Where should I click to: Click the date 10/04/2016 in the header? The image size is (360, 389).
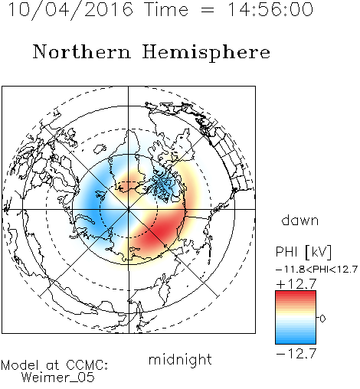tap(70, 10)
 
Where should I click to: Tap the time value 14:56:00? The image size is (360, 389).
tap(270, 9)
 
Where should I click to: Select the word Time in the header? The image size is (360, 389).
tap(166, 9)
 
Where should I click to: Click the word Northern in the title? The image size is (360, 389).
tap(82, 51)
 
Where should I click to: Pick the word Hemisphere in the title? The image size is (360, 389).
tap(206, 53)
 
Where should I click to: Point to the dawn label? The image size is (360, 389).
tap(299, 220)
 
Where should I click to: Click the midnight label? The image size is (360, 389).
tap(180, 359)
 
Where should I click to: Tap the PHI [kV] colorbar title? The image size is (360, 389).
tap(303, 252)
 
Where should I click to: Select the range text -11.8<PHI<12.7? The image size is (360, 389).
tap(316, 270)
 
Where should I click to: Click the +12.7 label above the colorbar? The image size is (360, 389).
tap(296, 284)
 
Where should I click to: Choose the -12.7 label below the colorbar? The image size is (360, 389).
tap(296, 354)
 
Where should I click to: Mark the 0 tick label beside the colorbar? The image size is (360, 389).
tap(322, 319)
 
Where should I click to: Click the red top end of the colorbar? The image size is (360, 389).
tap(296, 293)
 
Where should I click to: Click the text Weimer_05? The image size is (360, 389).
tap(58, 378)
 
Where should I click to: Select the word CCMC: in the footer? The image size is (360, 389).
tap(87, 364)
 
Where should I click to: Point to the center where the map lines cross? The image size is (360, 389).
tap(129, 209)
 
